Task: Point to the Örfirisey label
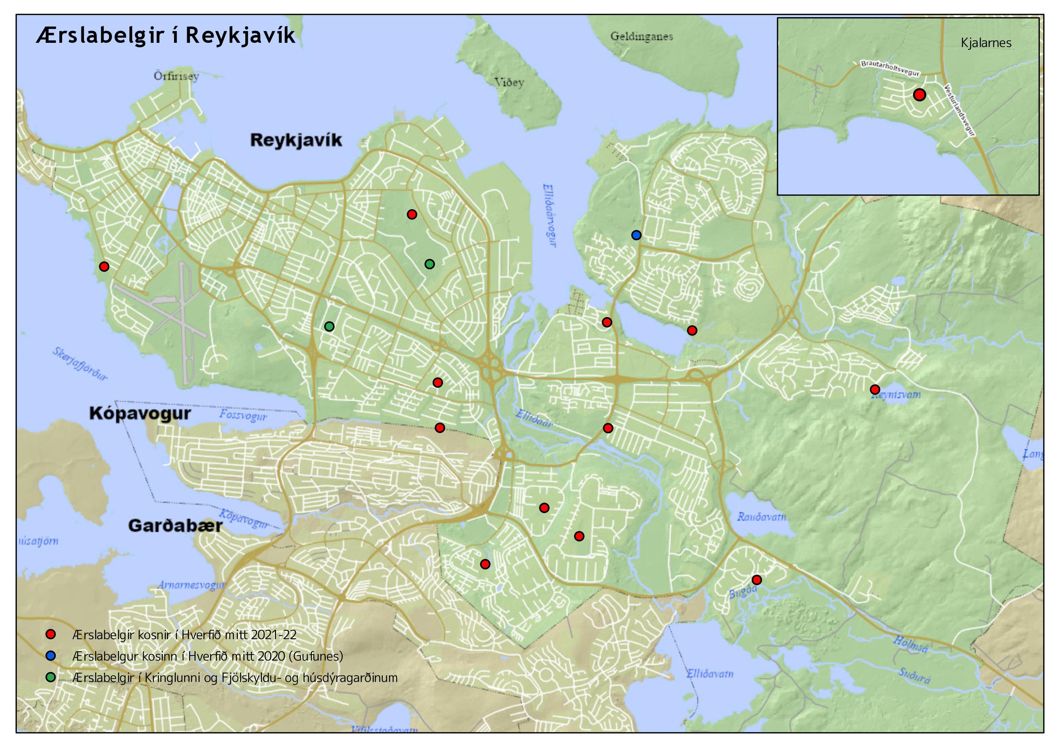pos(176,76)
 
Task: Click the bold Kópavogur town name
pos(140,413)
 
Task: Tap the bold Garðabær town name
pos(175,525)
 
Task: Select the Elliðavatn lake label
pos(710,674)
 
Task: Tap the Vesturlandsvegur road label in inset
pos(960,111)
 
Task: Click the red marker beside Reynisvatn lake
pos(875,390)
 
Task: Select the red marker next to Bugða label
pos(756,580)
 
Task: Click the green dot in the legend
pos(51,677)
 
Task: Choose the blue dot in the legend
pos(51,655)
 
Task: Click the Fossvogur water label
pos(243,415)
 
